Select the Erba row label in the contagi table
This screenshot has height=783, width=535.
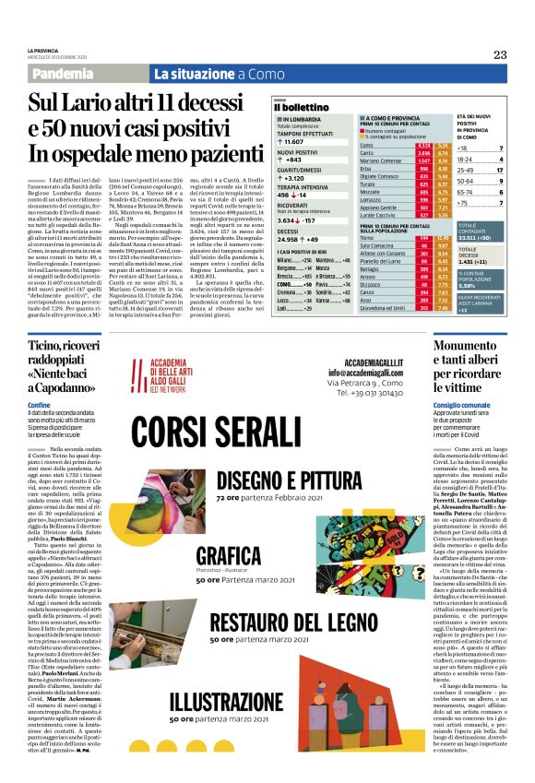point(366,169)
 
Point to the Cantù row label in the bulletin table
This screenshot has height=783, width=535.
point(367,153)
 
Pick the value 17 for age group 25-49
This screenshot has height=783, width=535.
point(499,171)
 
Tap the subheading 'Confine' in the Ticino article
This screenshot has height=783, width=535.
point(40,404)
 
